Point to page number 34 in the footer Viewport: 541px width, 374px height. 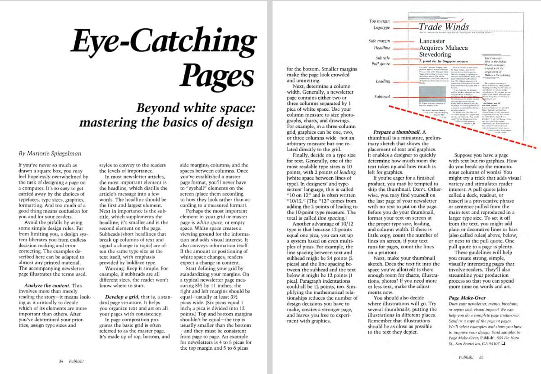61,361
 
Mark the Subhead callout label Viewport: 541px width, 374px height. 382,97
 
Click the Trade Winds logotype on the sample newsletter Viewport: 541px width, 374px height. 443,27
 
